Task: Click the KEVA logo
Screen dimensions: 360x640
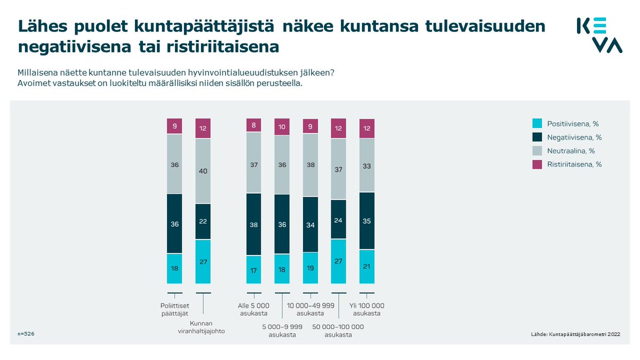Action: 599,35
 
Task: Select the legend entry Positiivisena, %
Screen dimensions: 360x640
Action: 569,124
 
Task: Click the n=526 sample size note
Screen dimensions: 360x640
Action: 26,333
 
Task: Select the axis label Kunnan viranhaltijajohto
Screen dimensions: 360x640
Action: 203,327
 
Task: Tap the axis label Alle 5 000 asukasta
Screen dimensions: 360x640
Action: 253,309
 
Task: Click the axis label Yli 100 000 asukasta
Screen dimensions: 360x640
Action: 367,309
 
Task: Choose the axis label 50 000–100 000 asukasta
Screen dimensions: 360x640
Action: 338,330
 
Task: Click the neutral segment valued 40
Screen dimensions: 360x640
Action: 203,171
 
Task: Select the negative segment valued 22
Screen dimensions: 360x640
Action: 203,221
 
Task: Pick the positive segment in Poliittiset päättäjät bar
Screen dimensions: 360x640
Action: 174,268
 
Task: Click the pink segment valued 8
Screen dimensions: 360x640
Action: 253,125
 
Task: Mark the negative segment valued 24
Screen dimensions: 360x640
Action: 338,219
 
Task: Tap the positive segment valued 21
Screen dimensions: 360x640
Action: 367,266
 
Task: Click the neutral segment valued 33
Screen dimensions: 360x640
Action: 367,165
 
